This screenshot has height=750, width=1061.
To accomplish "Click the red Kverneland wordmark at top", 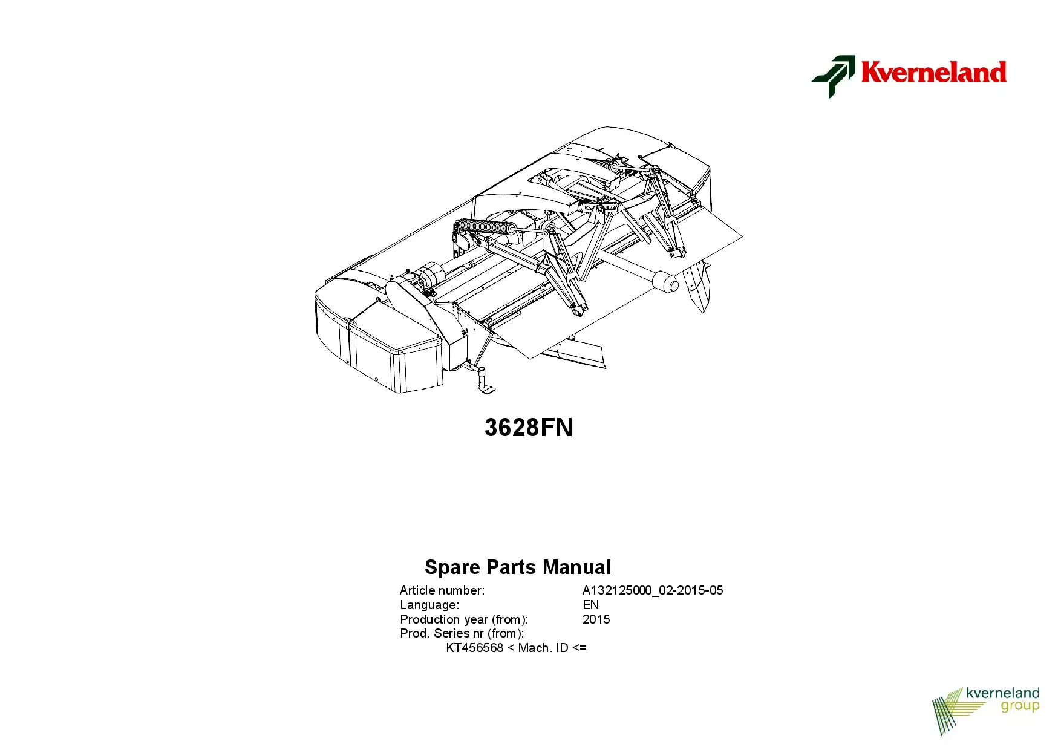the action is pyautogui.click(x=933, y=72).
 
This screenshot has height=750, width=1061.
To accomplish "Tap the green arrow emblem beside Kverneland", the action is pyautogui.click(x=834, y=76).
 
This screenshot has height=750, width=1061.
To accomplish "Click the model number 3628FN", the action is pyautogui.click(x=529, y=428).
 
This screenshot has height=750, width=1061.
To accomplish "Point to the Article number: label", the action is pyautogui.click(x=442, y=590).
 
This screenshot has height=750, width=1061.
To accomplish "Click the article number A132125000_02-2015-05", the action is pyautogui.click(x=653, y=590).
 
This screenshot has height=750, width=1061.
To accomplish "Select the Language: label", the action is pyautogui.click(x=429, y=605).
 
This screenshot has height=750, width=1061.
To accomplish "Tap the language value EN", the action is pyautogui.click(x=590, y=605).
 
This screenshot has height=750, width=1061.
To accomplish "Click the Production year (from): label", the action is pyautogui.click(x=464, y=619).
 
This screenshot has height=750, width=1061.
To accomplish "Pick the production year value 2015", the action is pyautogui.click(x=596, y=619).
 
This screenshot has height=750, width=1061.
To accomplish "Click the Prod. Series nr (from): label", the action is pyautogui.click(x=462, y=633).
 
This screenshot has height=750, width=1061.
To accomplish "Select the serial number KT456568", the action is pyautogui.click(x=475, y=648).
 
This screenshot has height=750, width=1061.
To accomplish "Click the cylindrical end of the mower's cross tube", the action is pyautogui.click(x=665, y=282).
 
